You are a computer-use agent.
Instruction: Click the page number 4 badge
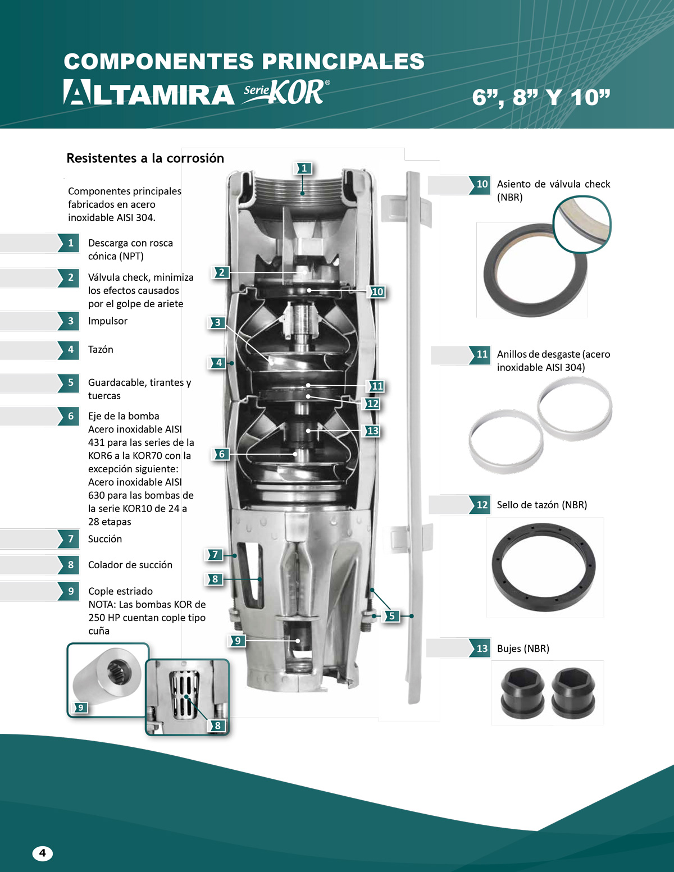click(43, 853)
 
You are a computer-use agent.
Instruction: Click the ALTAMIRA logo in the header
click(149, 92)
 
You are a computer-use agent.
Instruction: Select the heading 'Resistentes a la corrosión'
click(145, 158)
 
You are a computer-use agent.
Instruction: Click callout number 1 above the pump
click(304, 168)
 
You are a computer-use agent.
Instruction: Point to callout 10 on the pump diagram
click(377, 292)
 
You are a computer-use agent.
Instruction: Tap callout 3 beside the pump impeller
click(217, 322)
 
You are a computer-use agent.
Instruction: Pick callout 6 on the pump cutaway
click(221, 454)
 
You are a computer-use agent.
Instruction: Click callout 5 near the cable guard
click(392, 616)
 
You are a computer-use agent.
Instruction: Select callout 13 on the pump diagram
click(372, 431)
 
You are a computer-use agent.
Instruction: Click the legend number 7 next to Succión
click(70, 538)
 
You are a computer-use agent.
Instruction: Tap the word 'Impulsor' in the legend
click(108, 321)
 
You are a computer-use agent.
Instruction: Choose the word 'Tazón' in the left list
click(101, 349)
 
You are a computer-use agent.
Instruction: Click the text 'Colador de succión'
click(130, 565)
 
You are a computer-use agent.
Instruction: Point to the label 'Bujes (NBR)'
click(523, 649)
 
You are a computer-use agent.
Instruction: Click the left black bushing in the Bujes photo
click(523, 693)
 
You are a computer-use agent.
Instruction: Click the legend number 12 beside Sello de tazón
click(481, 504)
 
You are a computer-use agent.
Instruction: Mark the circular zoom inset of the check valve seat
click(582, 224)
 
